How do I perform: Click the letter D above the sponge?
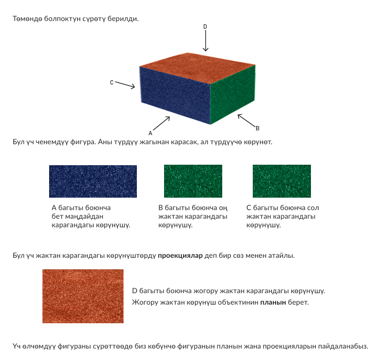pyautogui.click(x=205, y=26)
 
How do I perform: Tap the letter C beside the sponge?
pyautogui.click(x=112, y=83)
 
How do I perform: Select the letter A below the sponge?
pyautogui.click(x=150, y=133)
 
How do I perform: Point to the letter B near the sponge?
pyautogui.click(x=258, y=128)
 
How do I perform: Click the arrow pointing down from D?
pyautogui.click(x=206, y=41)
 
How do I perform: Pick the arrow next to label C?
pyautogui.click(x=125, y=85)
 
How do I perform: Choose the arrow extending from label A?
pyautogui.click(x=161, y=123)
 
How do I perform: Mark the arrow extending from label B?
pyautogui.click(x=246, y=120)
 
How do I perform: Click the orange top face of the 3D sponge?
pyautogui.click(x=197, y=68)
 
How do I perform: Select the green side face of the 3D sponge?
pyautogui.click(x=233, y=95)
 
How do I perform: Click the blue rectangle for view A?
pyautogui.click(x=93, y=181)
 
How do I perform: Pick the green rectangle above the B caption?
pyautogui.click(x=193, y=181)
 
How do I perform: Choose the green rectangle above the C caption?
pyautogui.click(x=282, y=181)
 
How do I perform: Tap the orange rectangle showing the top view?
pyautogui.click(x=83, y=296)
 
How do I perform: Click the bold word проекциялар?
pyautogui.click(x=180, y=255)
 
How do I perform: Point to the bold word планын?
pyautogui.click(x=273, y=302)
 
